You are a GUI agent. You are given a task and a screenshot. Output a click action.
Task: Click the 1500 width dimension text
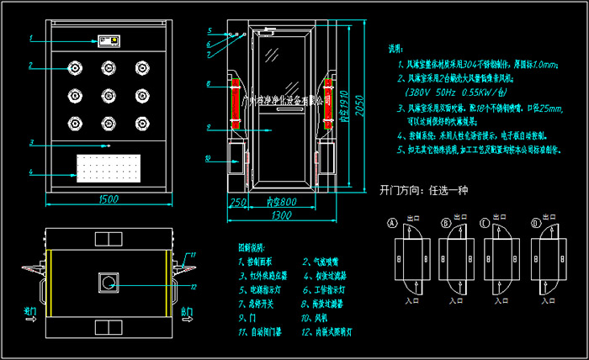(108, 199)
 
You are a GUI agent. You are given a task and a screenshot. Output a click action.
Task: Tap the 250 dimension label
(237, 203)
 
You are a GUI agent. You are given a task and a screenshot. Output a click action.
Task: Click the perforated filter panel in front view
(108, 170)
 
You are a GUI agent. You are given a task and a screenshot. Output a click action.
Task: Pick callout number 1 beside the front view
(30, 39)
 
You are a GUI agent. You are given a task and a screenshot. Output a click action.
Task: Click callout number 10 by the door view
(208, 157)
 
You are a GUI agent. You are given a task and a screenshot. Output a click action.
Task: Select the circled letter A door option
(391, 223)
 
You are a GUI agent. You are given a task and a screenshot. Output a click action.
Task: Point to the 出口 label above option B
(460, 217)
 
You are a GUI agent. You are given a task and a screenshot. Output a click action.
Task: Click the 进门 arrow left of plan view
(31, 315)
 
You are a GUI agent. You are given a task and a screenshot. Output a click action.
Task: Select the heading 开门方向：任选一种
(423, 190)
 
